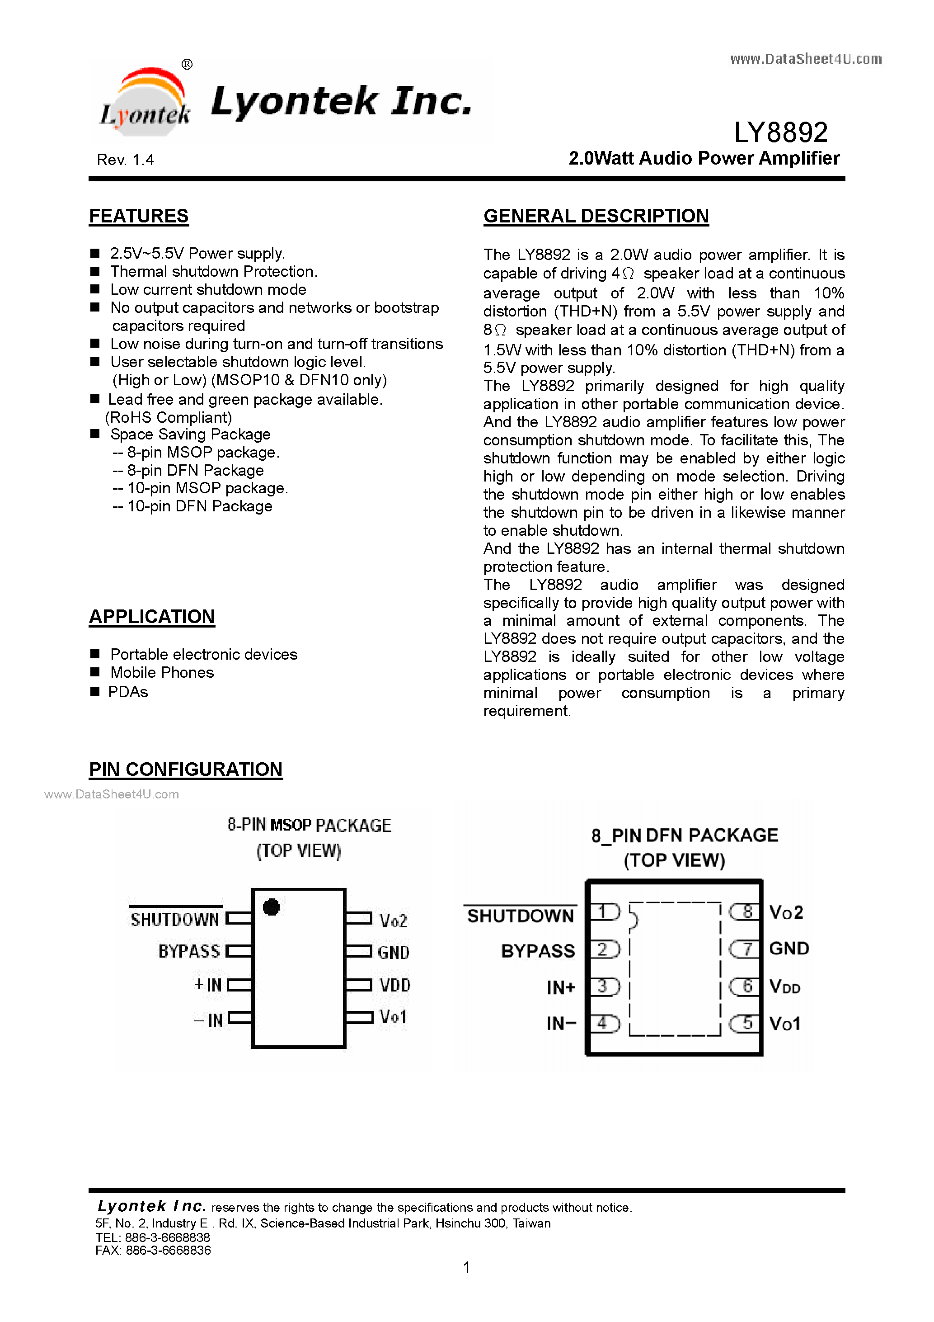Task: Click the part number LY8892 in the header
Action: pyautogui.click(x=780, y=132)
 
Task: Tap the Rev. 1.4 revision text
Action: pyautogui.click(x=126, y=160)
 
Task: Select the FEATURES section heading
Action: pyautogui.click(x=139, y=216)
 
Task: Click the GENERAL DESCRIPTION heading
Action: pyautogui.click(x=596, y=216)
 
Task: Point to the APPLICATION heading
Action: pyautogui.click(x=152, y=616)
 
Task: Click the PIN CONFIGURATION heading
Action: pyautogui.click(x=186, y=769)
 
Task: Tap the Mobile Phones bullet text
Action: pyautogui.click(x=162, y=672)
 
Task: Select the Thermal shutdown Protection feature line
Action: pyautogui.click(x=213, y=271)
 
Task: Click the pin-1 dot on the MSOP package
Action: pyautogui.click(x=271, y=907)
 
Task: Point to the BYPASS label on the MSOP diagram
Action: pyautogui.click(x=189, y=951)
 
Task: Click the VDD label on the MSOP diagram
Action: pyautogui.click(x=395, y=985)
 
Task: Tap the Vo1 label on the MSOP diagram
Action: pyautogui.click(x=393, y=1017)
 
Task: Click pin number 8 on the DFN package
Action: pyautogui.click(x=747, y=911)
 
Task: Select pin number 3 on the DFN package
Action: pyautogui.click(x=602, y=987)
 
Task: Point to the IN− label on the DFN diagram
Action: pyautogui.click(x=561, y=1023)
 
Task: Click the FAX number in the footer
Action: pyautogui.click(x=153, y=1250)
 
